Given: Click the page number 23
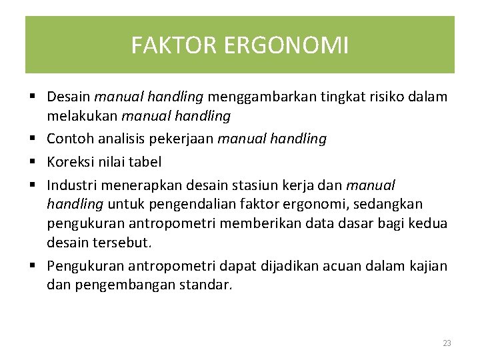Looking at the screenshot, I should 447,343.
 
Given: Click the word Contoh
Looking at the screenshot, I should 69,139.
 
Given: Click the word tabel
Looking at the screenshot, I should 147,161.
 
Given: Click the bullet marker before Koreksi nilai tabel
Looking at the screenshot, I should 33,161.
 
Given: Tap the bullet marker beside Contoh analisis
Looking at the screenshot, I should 33,139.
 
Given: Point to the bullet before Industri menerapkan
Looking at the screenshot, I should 33,183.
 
